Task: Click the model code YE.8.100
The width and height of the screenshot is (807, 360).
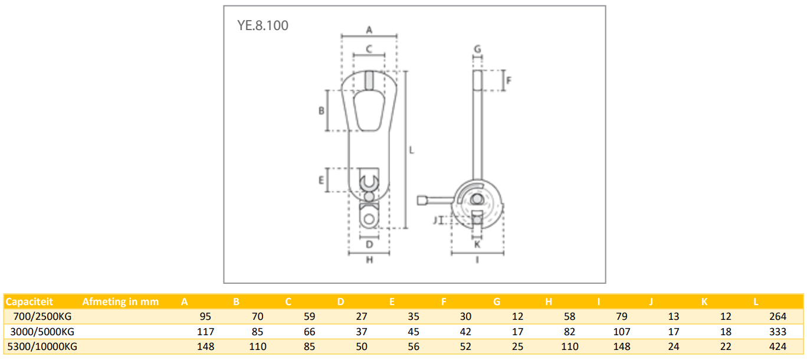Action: coord(263,26)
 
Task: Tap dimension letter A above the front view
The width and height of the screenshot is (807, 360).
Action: coord(369,29)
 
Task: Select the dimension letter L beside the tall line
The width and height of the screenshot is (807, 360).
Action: coord(412,150)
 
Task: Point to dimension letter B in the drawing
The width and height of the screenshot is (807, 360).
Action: coord(322,110)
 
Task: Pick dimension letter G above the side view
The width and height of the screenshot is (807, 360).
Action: coord(478,48)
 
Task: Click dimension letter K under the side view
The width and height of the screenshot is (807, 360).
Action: coord(478,243)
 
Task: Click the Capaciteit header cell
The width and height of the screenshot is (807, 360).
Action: coord(29,302)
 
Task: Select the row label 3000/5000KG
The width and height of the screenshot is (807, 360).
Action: coord(43,332)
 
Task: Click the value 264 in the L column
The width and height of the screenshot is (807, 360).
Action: coord(778,317)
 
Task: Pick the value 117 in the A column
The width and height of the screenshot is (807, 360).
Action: coord(205,332)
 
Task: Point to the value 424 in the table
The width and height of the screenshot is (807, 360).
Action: coord(778,346)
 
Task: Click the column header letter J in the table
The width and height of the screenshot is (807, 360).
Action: coord(651,302)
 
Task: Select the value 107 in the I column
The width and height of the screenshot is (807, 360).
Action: coord(621,332)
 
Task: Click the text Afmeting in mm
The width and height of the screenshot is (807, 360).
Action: coord(120,302)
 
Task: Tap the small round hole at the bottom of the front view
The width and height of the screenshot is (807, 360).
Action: coord(369,219)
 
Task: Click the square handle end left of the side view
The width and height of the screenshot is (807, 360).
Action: coord(422,201)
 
